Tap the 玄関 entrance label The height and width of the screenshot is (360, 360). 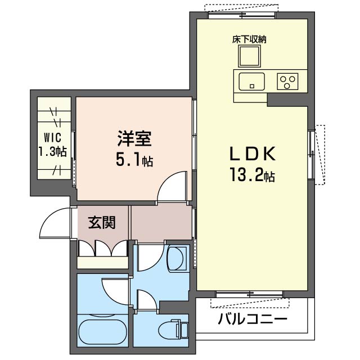pyautogui.click(x=102, y=222)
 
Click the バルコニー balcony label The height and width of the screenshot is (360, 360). pyautogui.click(x=253, y=319)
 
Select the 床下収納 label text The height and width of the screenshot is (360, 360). pyautogui.click(x=249, y=39)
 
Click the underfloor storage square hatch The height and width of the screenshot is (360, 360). pyautogui.click(x=249, y=56)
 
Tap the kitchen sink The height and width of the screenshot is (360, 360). pyautogui.click(x=251, y=82)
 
